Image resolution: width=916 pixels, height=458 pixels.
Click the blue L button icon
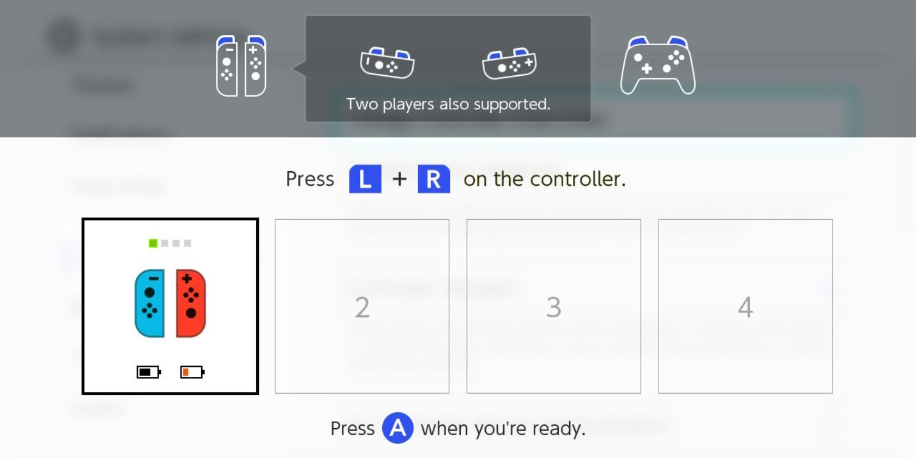365,179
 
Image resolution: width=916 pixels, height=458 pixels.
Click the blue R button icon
433,179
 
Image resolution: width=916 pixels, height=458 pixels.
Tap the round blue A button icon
397,428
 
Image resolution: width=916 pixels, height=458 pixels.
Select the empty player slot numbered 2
362,306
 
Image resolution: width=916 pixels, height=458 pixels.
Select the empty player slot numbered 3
553,306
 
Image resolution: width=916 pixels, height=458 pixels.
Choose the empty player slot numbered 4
745,306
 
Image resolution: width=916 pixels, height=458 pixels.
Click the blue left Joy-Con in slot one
149,303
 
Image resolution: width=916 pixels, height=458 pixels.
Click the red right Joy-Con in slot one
191,303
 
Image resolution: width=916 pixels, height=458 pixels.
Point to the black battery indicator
148,372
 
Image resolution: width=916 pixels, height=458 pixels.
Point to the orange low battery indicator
192,372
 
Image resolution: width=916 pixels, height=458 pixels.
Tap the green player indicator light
153,243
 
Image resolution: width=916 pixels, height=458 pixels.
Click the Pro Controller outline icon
658,65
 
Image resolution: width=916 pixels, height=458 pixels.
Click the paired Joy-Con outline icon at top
241,66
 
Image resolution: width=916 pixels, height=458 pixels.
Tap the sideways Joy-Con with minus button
387,63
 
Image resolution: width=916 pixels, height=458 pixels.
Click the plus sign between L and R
400,179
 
